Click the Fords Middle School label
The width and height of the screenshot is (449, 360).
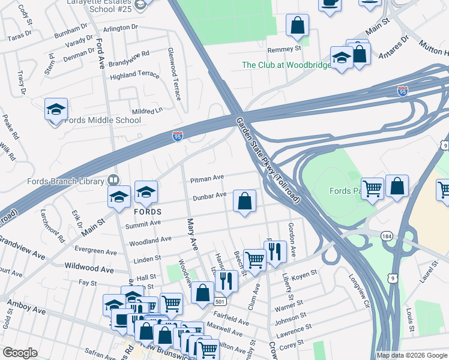[102, 120]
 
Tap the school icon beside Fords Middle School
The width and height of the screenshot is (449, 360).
[56, 110]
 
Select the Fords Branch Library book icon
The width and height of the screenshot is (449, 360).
[113, 180]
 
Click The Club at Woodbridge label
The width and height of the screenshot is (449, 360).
[286, 65]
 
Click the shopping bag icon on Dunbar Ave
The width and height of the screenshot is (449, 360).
[244, 202]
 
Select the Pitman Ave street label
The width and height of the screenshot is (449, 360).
[206, 178]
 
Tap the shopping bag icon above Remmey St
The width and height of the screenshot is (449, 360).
[297, 26]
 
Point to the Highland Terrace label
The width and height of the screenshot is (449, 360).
[134, 75]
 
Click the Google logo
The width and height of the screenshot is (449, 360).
[20, 353]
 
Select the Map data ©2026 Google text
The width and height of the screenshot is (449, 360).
[412, 355]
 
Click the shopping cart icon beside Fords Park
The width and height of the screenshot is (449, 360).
[372, 188]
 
